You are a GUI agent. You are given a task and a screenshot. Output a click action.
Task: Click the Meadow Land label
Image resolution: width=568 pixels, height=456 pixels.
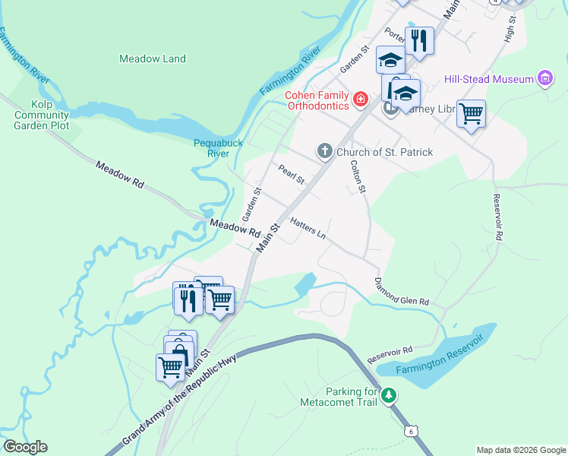click(x=153, y=59)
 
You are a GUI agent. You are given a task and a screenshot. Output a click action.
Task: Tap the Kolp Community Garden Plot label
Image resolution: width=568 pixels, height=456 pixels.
click(x=41, y=115)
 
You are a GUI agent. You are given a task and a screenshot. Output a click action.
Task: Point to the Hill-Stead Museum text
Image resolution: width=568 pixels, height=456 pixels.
click(x=489, y=78)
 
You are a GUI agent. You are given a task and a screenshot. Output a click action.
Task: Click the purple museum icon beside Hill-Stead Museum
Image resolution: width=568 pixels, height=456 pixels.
click(x=544, y=78)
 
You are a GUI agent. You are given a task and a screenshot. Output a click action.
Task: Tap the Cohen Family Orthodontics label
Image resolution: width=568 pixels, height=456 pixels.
click(x=317, y=101)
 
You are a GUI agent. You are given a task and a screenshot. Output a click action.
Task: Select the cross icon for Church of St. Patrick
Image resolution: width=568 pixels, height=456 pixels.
click(x=324, y=152)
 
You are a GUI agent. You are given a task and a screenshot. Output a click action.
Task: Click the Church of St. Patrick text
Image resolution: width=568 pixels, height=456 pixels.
click(x=384, y=153)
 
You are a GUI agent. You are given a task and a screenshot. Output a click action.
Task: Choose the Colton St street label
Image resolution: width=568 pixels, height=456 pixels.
click(x=359, y=179)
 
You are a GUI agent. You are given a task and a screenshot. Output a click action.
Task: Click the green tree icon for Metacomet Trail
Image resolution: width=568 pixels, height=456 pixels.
click(x=389, y=395)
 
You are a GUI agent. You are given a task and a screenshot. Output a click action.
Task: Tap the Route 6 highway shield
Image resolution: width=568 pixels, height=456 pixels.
click(x=411, y=431)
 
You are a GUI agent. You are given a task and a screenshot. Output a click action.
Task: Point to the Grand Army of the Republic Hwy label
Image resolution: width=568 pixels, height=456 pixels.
click(x=180, y=401)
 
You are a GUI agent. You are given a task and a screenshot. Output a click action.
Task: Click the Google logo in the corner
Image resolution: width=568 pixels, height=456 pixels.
click(x=25, y=447)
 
